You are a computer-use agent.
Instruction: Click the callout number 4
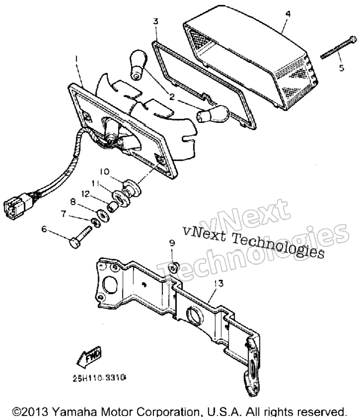coord(288,14)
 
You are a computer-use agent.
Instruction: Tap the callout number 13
coord(219,283)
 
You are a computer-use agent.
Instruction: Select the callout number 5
coord(342,68)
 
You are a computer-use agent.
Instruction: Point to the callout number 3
coord(156,21)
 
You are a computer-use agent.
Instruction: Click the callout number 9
coord(172,243)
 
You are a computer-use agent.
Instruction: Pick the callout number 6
coord(44,229)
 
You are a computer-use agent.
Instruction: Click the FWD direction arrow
coord(89,357)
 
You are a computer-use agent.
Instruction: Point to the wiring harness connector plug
coord(18,206)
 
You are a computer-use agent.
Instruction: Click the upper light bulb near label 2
coord(138,64)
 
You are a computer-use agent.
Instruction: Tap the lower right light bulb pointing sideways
coord(213,114)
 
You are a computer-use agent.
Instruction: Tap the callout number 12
coord(86,194)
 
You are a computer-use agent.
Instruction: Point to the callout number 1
coord(76,58)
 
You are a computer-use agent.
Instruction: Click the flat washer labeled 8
coord(103,215)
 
